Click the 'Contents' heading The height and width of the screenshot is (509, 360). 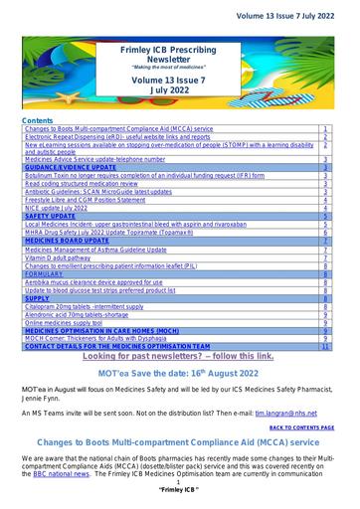pyautogui.click(x=38, y=119)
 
